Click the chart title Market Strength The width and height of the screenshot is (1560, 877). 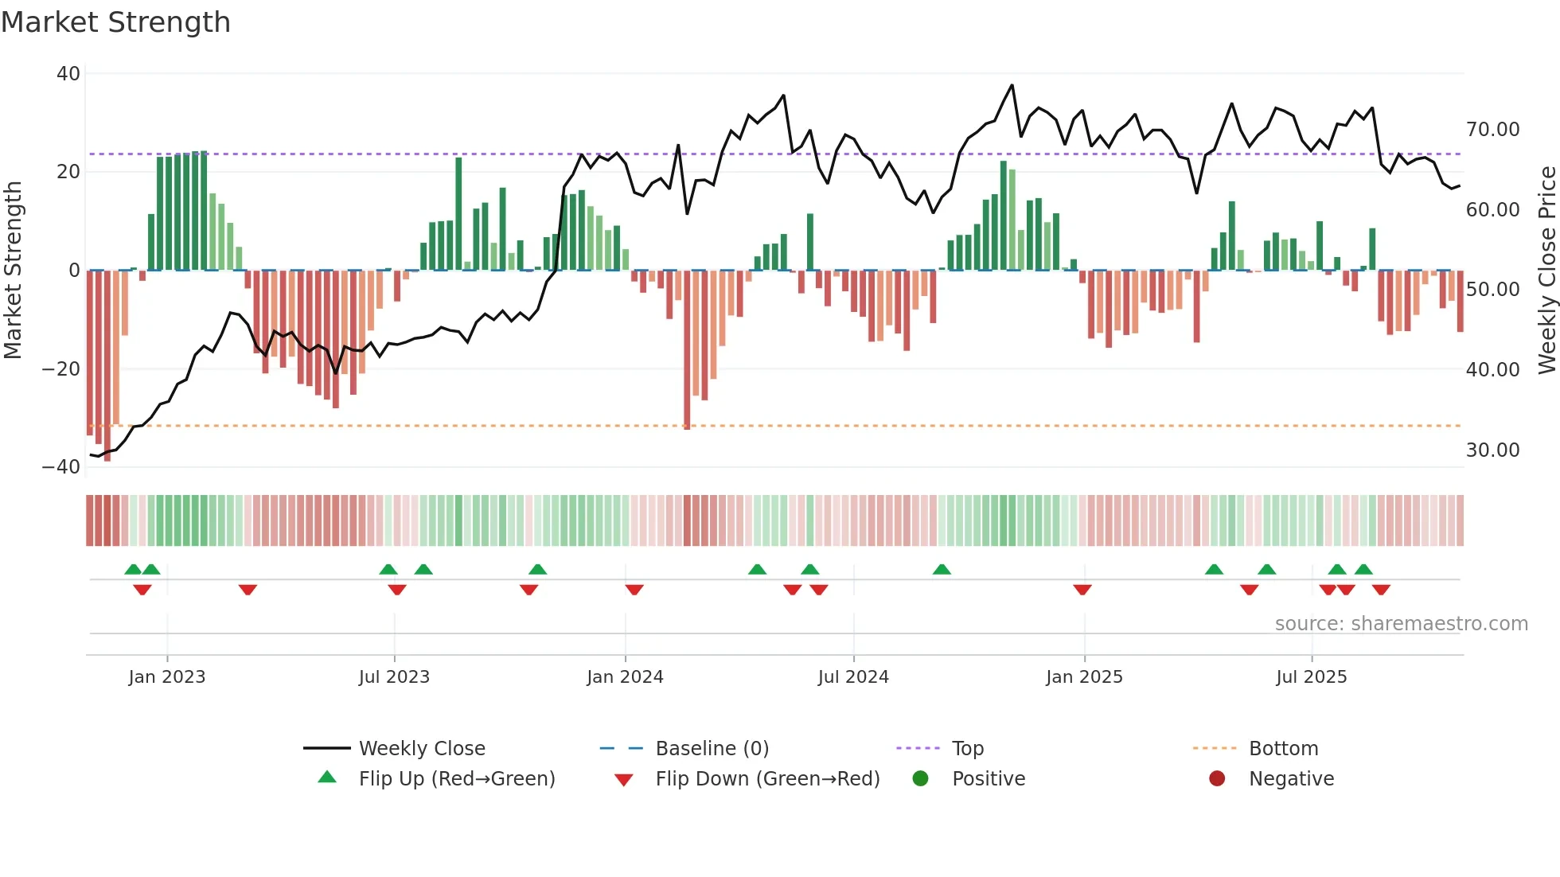click(115, 22)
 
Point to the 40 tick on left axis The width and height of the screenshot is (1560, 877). click(68, 74)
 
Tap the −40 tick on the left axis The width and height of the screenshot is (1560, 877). click(61, 467)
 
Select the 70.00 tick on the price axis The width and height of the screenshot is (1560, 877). click(1492, 130)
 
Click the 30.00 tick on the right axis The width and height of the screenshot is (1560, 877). click(1492, 450)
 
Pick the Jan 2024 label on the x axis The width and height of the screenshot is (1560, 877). click(625, 677)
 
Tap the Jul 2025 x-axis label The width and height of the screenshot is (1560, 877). click(1311, 677)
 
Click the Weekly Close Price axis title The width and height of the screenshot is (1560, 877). click(1546, 271)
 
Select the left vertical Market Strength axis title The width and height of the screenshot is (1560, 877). click(13, 271)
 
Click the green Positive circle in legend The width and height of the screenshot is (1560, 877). click(921, 779)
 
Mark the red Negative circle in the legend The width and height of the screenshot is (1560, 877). click(1217, 779)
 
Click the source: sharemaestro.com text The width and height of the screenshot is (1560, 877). click(1401, 624)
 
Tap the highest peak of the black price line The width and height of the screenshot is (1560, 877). click(1012, 85)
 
